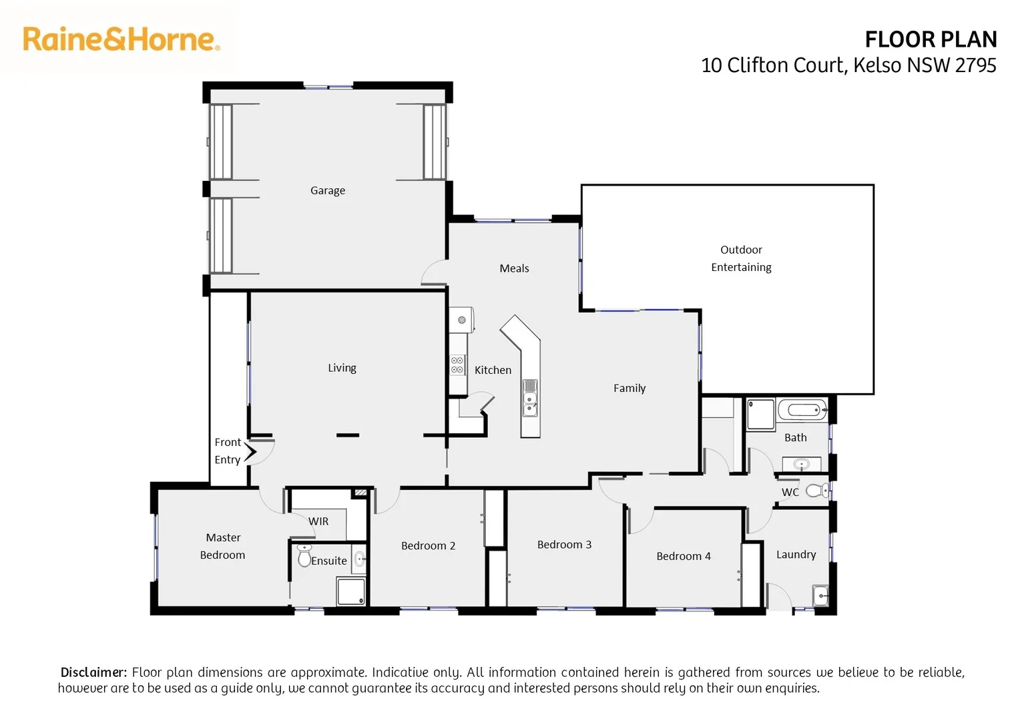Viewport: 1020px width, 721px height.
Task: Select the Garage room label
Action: point(328,190)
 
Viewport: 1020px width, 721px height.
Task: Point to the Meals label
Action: point(514,268)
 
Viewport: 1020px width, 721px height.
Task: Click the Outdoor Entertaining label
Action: point(741,258)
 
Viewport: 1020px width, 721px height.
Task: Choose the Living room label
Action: point(342,368)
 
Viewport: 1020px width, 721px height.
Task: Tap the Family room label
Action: point(629,388)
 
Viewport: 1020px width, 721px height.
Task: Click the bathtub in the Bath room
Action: point(802,409)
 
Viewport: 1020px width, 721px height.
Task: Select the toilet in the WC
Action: point(816,491)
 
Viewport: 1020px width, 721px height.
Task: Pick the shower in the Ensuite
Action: point(351,591)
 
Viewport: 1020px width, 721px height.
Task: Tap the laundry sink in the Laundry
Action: point(820,594)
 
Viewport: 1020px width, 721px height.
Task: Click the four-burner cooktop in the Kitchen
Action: point(457,365)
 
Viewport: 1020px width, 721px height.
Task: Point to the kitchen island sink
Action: point(530,403)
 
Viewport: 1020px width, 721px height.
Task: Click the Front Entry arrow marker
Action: point(250,452)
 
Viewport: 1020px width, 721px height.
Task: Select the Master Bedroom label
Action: point(223,546)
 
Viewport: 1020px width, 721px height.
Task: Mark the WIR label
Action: point(318,521)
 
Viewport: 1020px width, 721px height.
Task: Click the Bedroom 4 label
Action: point(684,556)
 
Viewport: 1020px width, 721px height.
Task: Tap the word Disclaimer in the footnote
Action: point(93,672)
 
